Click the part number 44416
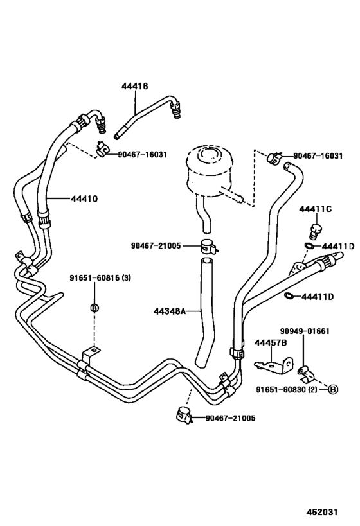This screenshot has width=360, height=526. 135,85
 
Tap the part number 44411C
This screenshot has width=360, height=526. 315,209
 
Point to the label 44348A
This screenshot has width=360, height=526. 170,311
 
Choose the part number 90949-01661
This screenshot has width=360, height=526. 304,331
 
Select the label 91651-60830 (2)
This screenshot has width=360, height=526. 291,389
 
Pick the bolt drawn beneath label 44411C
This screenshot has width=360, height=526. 315,229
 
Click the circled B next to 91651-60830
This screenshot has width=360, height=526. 333,389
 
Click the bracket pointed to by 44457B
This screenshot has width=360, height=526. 273,365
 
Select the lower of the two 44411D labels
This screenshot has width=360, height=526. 318,296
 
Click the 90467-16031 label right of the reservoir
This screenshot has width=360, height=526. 318,155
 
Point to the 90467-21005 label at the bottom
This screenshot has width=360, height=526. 230,418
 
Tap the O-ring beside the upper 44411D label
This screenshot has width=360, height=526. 309,246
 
